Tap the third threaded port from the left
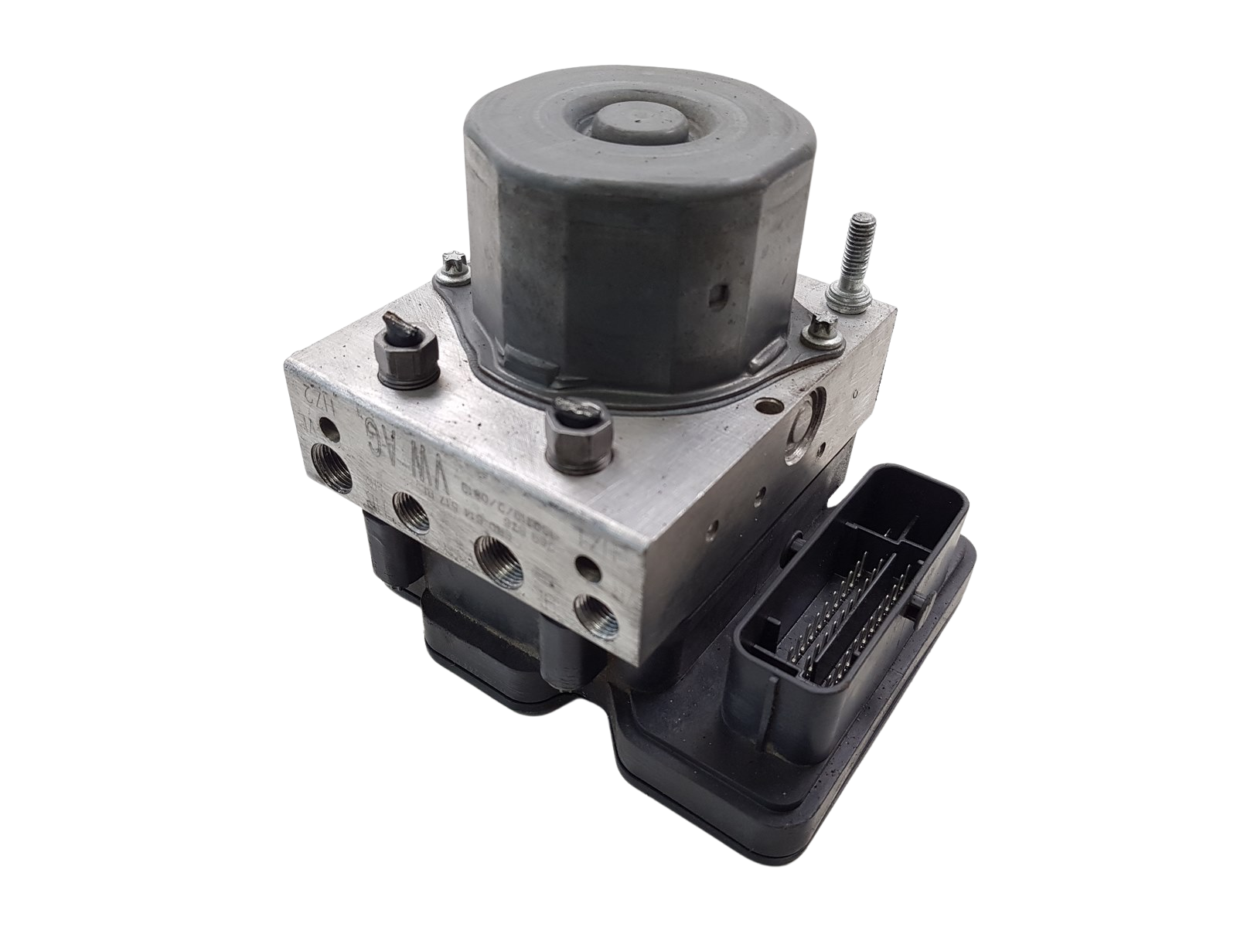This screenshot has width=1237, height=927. point(498,554)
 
